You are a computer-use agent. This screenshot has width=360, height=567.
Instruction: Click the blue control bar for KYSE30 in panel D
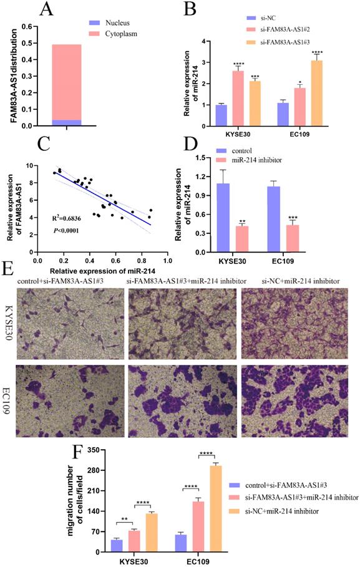(225, 216)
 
